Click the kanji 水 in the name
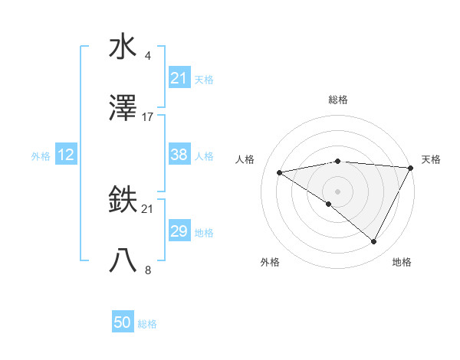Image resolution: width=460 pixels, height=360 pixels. point(123,47)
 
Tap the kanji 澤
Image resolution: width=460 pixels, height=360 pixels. point(123,109)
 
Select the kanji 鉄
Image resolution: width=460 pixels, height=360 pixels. point(123,201)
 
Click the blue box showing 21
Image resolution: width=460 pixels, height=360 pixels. point(179,78)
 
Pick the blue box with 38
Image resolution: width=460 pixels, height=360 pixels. point(179,155)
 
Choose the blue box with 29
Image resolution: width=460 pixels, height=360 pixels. point(179,231)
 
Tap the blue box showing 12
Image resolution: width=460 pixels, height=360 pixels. point(65,155)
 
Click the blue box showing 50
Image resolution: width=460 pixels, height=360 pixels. point(123,322)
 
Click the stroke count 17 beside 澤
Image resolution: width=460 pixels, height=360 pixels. point(148,117)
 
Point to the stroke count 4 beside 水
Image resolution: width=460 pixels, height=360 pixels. point(147,55)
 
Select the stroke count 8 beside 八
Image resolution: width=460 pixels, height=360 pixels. point(147,270)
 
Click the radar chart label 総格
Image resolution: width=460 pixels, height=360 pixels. point(337,100)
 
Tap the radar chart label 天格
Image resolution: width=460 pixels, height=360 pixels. point(431,159)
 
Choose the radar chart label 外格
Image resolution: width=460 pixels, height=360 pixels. point(270,262)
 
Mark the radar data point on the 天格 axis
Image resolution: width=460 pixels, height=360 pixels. point(411,168)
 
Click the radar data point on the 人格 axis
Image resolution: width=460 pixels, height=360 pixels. point(280,172)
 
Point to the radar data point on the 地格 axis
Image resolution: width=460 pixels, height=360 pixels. point(374,242)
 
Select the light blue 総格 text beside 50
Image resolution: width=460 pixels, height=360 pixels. point(147,324)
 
